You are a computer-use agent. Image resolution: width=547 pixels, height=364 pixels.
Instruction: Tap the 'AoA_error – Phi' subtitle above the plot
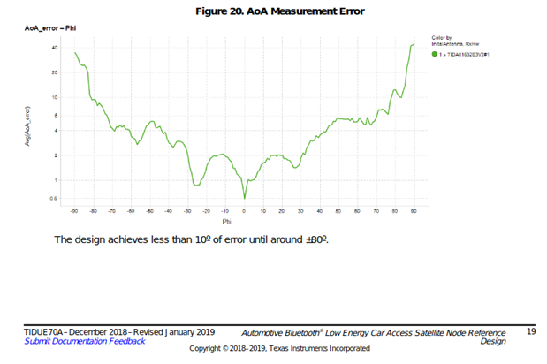coord(50,29)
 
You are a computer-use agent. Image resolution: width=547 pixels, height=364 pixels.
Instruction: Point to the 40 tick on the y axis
coord(55,47)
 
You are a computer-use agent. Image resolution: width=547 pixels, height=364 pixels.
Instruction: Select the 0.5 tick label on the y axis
coord(55,198)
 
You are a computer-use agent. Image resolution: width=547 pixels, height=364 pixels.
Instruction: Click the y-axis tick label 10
coord(55,97)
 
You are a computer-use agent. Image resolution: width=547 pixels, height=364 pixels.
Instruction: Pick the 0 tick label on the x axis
coord(244,212)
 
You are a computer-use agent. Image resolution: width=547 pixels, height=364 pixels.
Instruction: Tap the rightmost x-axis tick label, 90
coord(414,212)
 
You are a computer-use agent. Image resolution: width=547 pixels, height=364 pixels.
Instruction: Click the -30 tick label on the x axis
coord(187,212)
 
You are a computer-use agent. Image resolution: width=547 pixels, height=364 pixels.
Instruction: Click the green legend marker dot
coord(435,53)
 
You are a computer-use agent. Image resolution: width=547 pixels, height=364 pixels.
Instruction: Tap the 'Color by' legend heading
coord(442,38)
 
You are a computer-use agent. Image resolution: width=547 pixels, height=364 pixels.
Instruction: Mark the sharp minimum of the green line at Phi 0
coord(245,198)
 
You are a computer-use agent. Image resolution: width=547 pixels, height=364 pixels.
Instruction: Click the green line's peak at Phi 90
coord(414,44)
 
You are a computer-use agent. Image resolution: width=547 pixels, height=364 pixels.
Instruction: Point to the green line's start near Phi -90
coord(75,53)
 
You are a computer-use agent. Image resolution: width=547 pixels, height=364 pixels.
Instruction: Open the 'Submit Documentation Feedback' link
coord(85,341)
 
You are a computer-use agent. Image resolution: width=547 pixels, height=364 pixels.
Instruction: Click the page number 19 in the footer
coord(531,331)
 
